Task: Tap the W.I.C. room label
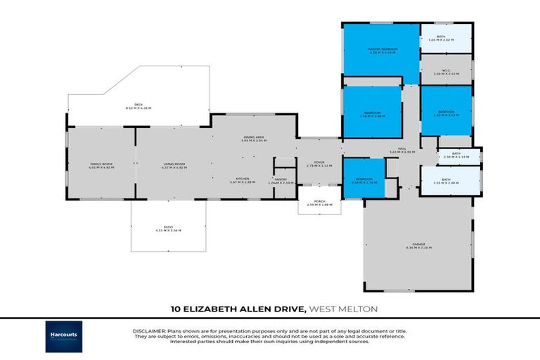(446, 72)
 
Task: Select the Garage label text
(418, 247)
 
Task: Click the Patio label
(169, 230)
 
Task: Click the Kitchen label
(243, 181)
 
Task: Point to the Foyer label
(319, 165)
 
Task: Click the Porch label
(319, 203)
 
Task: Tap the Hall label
(403, 150)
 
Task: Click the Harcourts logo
(64, 335)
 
